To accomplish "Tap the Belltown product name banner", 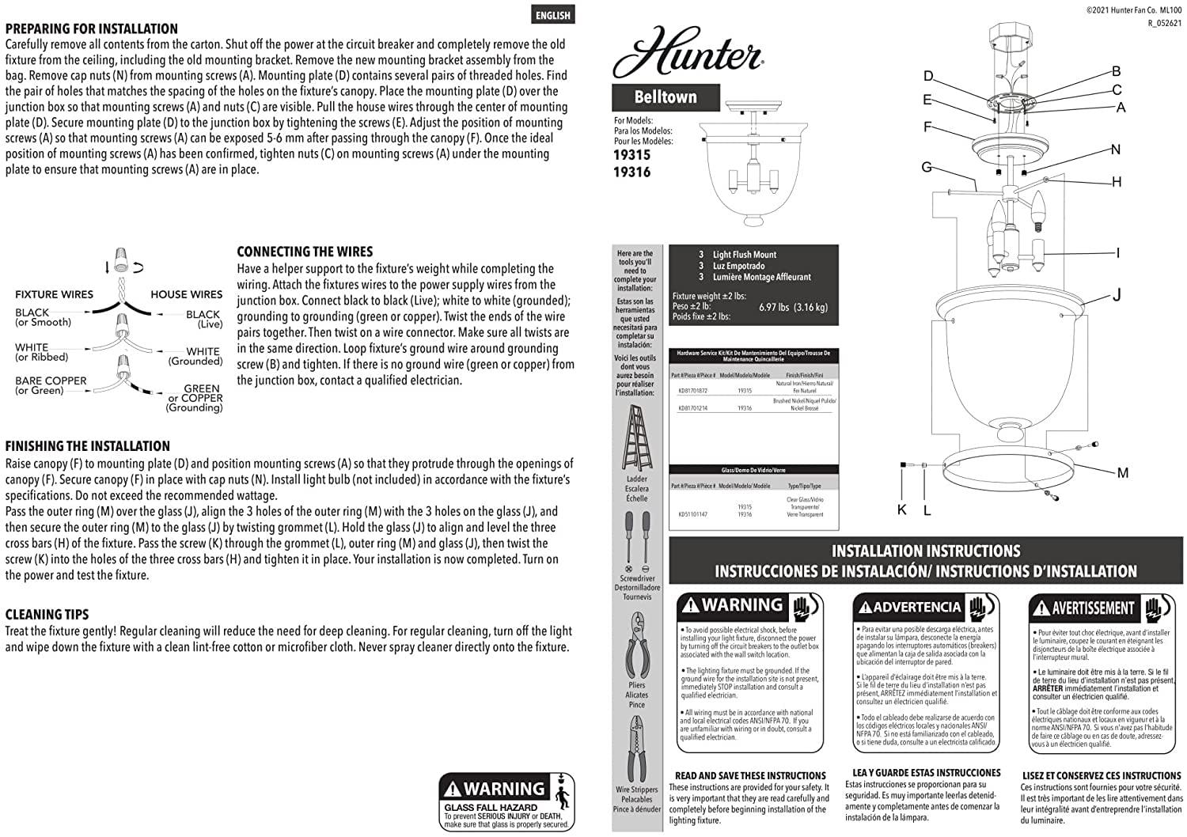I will point(666,97).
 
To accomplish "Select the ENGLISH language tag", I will point(552,15).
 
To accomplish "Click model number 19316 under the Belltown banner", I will point(631,172).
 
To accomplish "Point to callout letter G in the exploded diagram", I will point(926,167).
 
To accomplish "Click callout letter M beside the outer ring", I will point(1122,473).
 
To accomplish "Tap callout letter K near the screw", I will point(901,510).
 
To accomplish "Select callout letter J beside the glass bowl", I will point(1117,295).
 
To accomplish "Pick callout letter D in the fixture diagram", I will point(928,76).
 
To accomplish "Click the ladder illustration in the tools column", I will point(636,438).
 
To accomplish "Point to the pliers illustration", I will point(636,646).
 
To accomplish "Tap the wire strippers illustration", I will point(636,748).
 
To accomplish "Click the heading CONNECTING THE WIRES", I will point(305,252).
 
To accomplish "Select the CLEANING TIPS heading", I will point(47,615).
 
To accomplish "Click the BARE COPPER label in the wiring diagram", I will point(51,381).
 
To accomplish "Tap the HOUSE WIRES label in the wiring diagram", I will point(186,294).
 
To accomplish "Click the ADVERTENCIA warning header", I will point(916,608).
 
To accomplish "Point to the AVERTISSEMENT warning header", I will point(1093,608).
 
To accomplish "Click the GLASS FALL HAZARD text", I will point(491,808).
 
